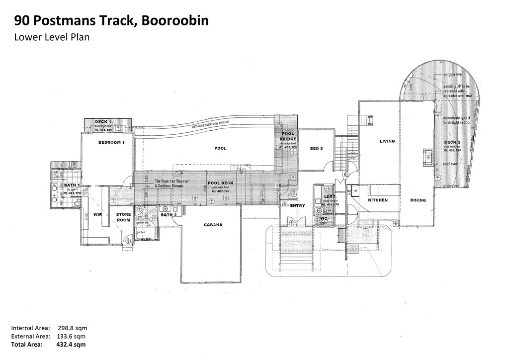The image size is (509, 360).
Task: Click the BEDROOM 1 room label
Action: click(111, 142)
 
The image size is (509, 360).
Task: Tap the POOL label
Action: click(220, 148)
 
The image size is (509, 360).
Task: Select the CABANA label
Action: click(213, 225)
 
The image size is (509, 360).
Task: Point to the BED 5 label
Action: click(316, 148)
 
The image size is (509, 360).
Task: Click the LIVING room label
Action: click(387, 141)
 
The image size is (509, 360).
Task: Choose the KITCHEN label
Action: click(378, 200)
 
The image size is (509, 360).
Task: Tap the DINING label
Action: click(418, 200)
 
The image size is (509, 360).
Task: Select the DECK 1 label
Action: click(103, 122)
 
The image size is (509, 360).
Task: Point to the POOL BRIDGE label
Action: click(287, 136)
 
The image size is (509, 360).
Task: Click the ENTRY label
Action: click(298, 205)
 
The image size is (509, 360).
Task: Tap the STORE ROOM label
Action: click(123, 217)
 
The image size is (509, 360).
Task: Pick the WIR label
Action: click(97, 215)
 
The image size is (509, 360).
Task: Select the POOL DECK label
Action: click(220, 183)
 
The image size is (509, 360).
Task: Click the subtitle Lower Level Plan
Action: click(52, 37)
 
